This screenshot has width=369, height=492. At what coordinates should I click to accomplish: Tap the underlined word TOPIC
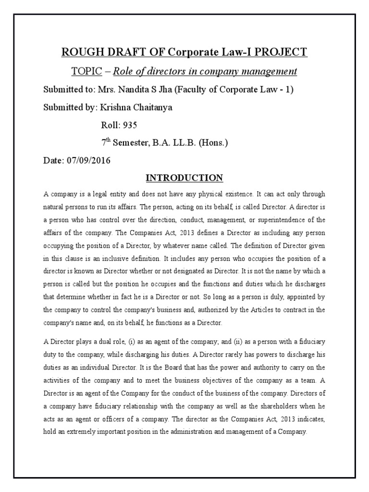86,72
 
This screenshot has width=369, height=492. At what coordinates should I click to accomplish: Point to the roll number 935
130,125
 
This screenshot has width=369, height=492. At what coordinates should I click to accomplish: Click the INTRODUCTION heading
184,178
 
